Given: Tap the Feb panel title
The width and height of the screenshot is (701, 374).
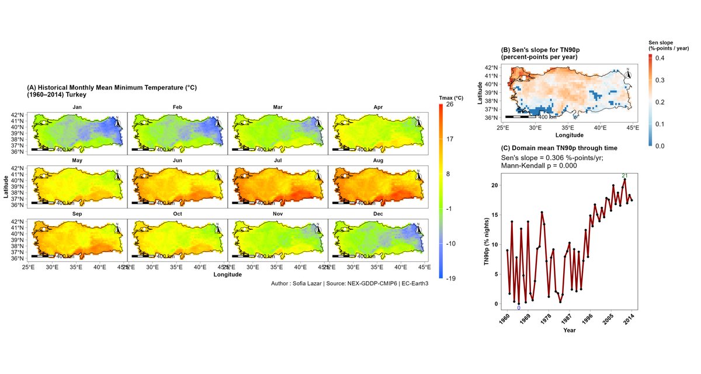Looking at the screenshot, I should coord(178,108).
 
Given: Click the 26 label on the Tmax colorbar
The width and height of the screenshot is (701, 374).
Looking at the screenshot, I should coord(450,105).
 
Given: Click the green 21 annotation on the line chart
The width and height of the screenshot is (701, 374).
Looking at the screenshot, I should coord(624,176).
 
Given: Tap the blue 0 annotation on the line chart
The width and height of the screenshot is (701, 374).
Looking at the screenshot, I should coord(519,308).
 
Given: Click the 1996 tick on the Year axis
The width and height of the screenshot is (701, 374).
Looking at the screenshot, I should coord(588,321).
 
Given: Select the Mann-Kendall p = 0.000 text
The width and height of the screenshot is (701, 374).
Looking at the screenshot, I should coord(539,166).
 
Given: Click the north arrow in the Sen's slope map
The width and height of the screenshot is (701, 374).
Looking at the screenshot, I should coord(629,74).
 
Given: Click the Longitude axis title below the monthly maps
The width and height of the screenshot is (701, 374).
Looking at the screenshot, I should coord(228,274).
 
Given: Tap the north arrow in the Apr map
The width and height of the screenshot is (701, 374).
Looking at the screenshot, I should coord(419,122).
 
